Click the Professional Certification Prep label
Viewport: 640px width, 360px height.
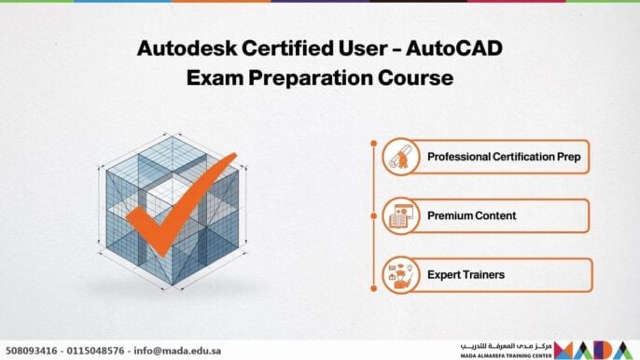(x=504, y=157)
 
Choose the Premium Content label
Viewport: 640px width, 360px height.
(x=472, y=215)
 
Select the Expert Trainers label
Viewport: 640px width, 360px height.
(x=467, y=274)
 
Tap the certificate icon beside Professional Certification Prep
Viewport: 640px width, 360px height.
(x=397, y=157)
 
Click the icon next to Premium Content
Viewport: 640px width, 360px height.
(x=397, y=215)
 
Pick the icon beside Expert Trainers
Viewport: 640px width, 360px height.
(x=397, y=274)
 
